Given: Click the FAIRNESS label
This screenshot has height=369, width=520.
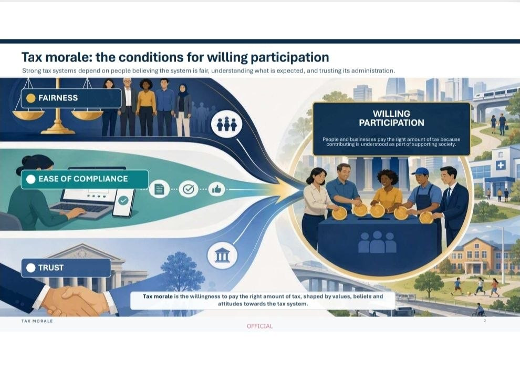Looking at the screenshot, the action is (58, 98).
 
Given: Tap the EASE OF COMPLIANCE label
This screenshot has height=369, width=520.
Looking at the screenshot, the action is (83, 179).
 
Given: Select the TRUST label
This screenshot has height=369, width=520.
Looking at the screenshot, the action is (51, 268).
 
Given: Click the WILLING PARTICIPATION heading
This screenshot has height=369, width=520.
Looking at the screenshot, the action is (391, 118).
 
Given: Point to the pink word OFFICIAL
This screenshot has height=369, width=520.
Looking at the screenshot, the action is (259, 326).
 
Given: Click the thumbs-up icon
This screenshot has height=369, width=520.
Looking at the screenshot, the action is (216, 189).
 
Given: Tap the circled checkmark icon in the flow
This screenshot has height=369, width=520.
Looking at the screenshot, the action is (189, 189).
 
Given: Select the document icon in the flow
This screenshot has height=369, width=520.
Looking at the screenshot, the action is (160, 189).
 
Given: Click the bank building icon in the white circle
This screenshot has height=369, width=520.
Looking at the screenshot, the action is (222, 256).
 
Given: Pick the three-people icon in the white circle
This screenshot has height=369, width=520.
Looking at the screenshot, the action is (227, 124).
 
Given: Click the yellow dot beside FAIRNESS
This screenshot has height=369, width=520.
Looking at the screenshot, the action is (31, 98).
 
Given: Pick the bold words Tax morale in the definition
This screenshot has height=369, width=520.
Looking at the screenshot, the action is (158, 296).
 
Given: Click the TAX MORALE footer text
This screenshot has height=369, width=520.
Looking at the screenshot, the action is (37, 321).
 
